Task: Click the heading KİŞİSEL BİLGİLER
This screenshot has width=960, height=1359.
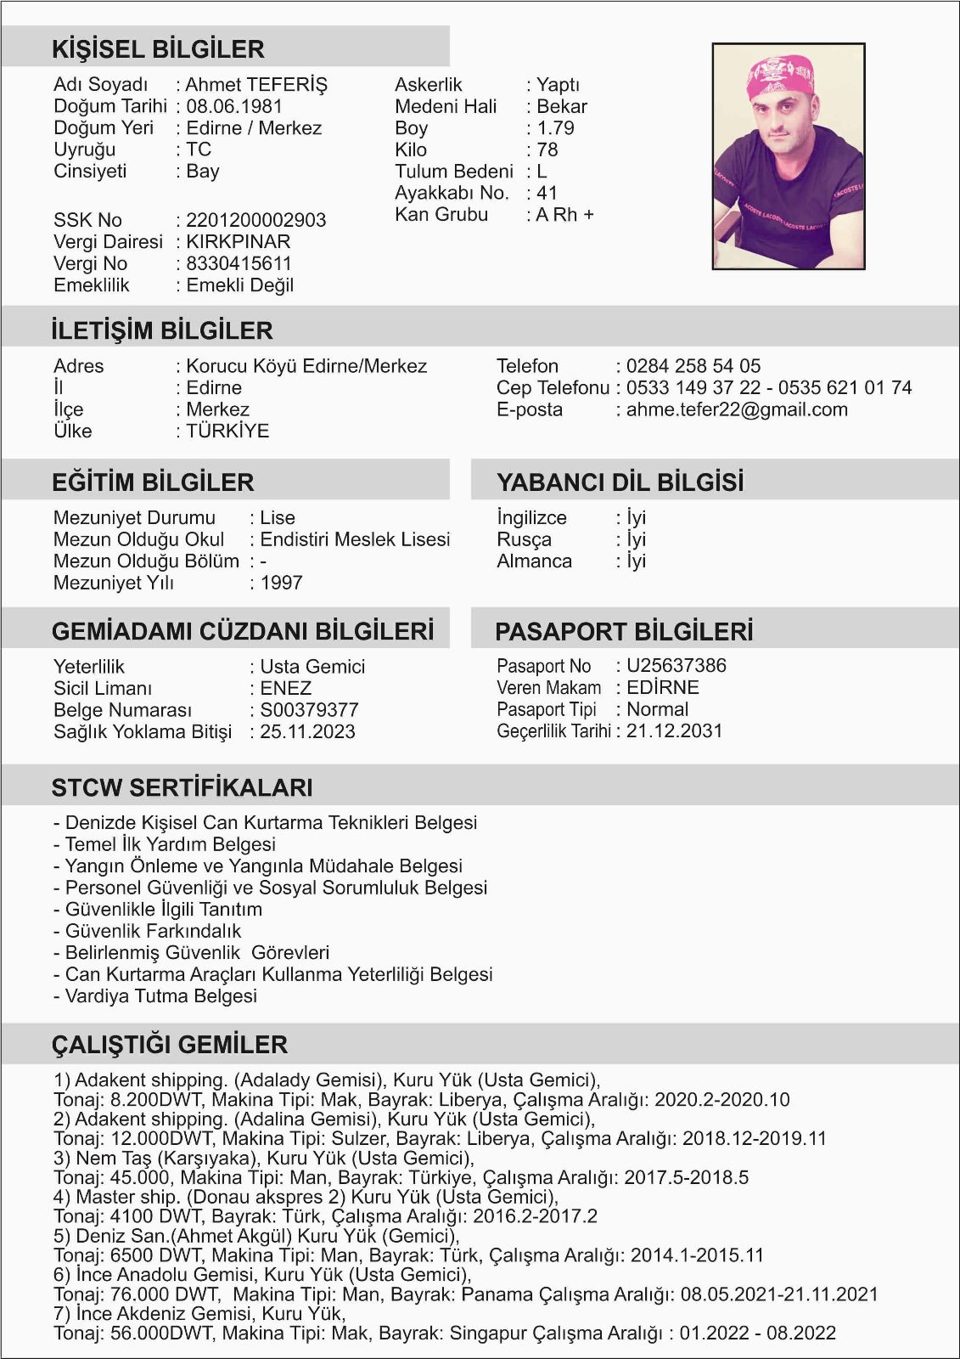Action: (158, 49)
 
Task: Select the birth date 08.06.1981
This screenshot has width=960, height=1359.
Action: (233, 106)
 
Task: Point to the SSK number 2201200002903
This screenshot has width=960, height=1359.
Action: (255, 220)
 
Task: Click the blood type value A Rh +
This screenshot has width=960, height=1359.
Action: (564, 215)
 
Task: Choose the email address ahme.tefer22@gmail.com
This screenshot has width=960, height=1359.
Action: (737, 409)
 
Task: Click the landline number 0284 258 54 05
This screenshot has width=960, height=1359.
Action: (693, 366)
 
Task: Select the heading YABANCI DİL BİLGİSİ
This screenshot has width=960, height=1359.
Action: (620, 482)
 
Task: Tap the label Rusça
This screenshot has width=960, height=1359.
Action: (524, 539)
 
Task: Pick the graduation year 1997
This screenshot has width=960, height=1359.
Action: (281, 583)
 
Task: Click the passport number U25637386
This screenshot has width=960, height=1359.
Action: (676, 666)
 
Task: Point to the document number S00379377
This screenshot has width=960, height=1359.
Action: (309, 710)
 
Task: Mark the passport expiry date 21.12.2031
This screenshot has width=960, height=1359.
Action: (674, 731)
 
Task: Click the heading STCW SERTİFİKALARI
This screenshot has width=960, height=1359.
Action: (182, 787)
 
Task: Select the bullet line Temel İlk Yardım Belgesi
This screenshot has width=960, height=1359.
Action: (170, 844)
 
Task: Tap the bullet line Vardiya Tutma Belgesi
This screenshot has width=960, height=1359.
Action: (160, 995)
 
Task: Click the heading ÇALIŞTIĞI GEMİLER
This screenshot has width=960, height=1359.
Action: (170, 1044)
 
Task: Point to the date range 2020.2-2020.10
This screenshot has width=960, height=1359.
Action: (721, 1100)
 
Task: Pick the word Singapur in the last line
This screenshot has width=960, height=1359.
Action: (487, 1333)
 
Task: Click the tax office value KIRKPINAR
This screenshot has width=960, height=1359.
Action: (238, 241)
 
